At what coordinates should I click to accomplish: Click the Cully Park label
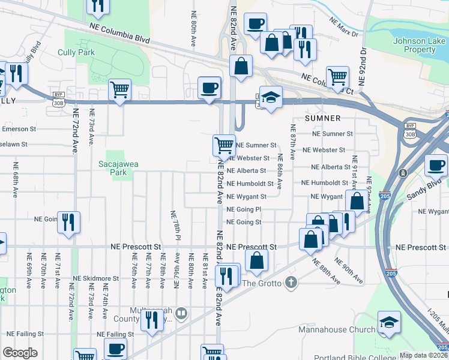(76, 53)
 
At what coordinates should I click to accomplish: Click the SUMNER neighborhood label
(323, 118)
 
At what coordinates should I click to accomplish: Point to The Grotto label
(262, 283)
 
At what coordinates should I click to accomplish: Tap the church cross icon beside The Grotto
(291, 283)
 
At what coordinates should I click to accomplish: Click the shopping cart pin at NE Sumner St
(224, 145)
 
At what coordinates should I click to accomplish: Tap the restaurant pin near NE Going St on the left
(68, 222)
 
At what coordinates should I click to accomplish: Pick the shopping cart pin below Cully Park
(120, 89)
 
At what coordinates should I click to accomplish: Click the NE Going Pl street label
(244, 209)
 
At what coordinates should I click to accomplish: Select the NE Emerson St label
(19, 128)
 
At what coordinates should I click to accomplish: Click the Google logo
(20, 353)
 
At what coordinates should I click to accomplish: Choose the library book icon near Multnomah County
(182, 313)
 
